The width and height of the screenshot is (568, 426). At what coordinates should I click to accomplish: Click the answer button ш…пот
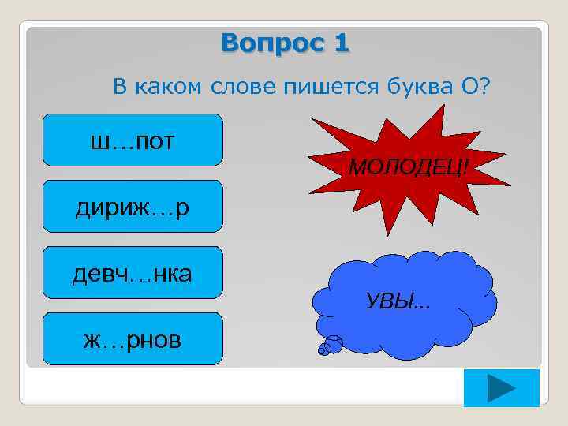(133, 140)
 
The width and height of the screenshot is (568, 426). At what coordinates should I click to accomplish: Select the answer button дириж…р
(133, 207)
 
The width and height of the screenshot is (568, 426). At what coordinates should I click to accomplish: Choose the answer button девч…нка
(133, 273)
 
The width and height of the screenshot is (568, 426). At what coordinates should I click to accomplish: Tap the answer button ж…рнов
(133, 339)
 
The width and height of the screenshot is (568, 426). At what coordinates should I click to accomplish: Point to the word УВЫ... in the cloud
(403, 301)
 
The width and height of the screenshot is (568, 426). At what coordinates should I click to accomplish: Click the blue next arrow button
(501, 388)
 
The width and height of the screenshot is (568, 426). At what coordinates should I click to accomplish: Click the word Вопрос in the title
(267, 43)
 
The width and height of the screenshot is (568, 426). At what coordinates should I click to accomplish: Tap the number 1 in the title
(341, 43)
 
